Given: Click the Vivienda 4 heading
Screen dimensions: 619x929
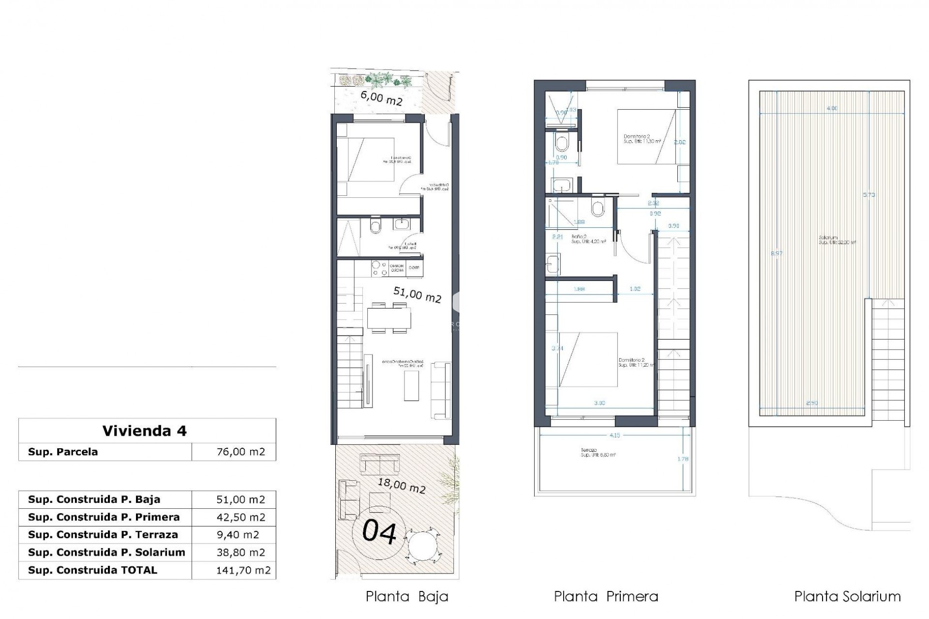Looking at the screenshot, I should [144, 430].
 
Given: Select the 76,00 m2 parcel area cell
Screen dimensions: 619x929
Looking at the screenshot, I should [240, 452].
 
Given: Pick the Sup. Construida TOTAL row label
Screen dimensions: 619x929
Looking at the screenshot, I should [92, 570].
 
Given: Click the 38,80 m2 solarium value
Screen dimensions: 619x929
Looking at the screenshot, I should [240, 552].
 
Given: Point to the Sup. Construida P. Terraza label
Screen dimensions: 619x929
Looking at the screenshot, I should [103, 534].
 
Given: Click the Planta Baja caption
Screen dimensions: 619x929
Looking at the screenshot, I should [407, 597].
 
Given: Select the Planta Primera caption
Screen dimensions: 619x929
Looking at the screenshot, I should [606, 597].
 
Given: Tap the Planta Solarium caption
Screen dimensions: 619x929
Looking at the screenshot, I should [847, 597].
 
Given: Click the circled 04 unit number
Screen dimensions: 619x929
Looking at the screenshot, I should [379, 532].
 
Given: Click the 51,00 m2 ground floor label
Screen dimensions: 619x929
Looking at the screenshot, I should [417, 295].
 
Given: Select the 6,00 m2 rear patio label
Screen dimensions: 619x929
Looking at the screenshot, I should [382, 98].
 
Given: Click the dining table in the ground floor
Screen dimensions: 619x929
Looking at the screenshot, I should [389, 318].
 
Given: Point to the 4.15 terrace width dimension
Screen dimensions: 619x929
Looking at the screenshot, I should [614, 436].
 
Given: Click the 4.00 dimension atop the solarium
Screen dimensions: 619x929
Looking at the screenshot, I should [832, 109].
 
